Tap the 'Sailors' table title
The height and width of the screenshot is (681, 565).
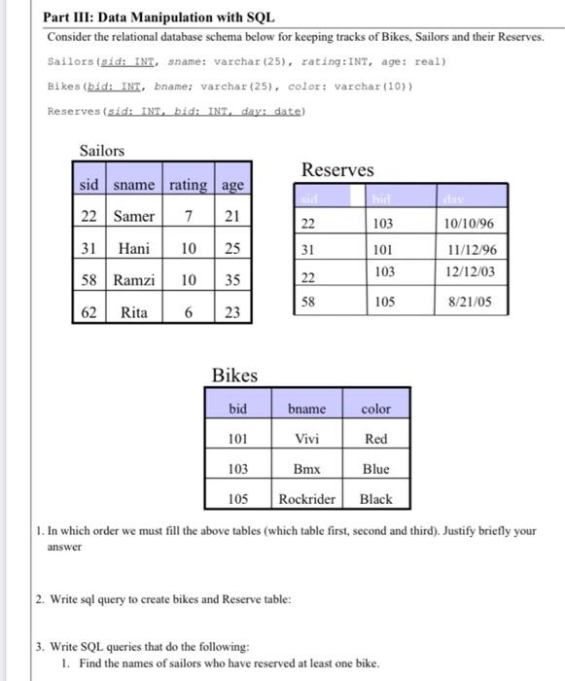click(101, 151)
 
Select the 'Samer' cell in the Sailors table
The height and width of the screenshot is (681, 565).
click(133, 215)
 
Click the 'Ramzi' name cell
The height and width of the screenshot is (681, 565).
click(133, 280)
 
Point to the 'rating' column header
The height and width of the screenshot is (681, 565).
click(188, 184)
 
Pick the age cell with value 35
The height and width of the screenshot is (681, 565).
click(233, 280)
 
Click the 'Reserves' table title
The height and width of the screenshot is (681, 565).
click(336, 170)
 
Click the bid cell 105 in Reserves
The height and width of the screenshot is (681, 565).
click(384, 302)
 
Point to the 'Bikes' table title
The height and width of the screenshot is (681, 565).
click(235, 376)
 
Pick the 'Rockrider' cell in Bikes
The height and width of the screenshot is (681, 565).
click(307, 499)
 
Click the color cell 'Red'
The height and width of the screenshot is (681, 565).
click(375, 439)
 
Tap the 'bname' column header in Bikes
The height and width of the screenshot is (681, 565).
click(307, 410)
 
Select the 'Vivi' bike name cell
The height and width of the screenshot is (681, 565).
click(307, 439)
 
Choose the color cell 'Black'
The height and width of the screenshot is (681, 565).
click(375, 499)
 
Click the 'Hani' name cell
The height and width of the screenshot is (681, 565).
click(133, 248)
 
